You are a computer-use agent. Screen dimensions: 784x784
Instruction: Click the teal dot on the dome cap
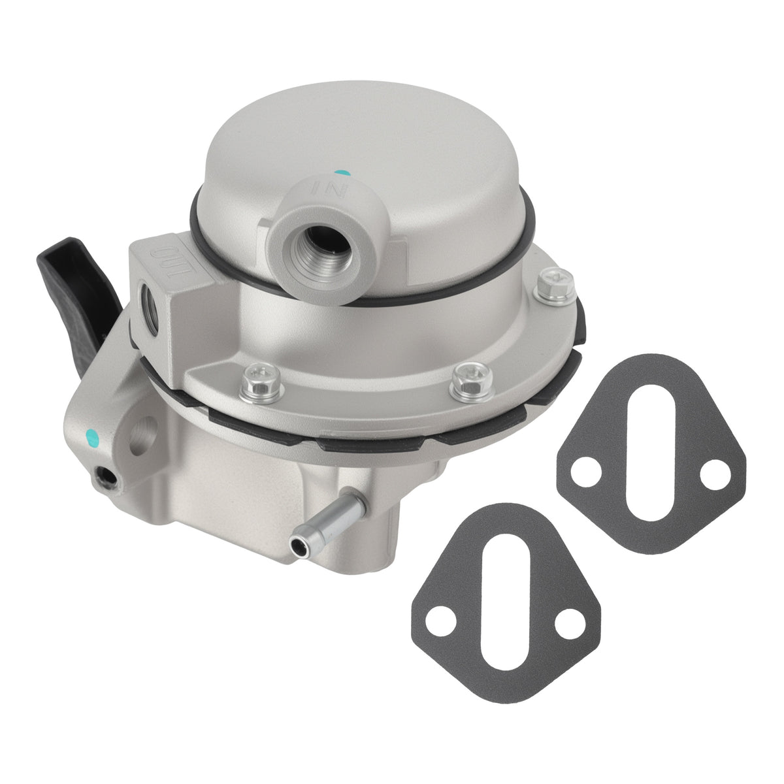pyautogui.click(x=342, y=174)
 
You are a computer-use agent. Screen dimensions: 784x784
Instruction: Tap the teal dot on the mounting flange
pyautogui.click(x=93, y=438)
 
